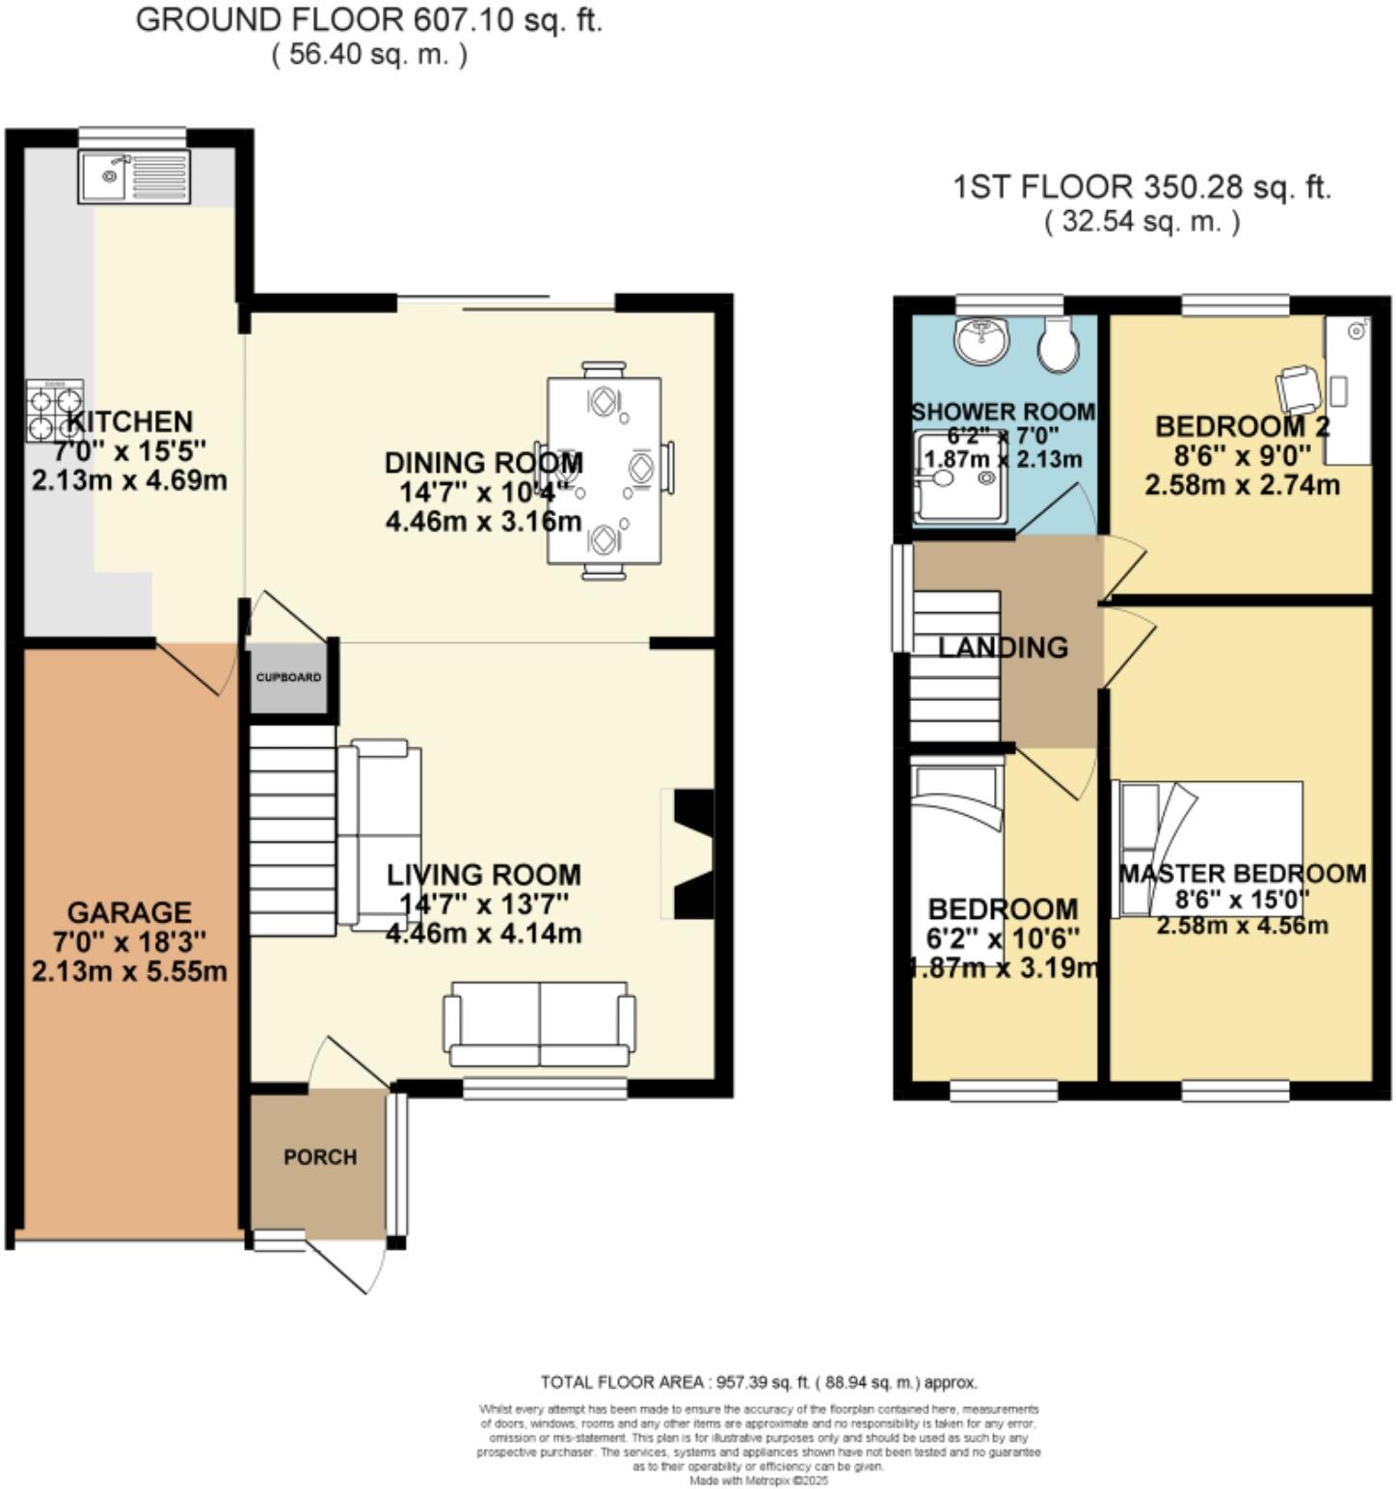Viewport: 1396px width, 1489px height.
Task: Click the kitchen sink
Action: [135, 176]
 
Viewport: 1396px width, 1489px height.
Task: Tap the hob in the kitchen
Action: [55, 410]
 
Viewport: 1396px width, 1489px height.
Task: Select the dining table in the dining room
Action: [604, 470]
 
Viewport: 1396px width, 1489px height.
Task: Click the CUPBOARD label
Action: [288, 677]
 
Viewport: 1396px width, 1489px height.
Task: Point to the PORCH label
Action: [320, 1156]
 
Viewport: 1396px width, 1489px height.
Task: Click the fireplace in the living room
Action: [691, 854]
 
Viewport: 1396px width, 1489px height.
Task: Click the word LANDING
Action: [1004, 647]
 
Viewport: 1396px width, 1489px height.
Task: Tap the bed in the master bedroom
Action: [1209, 849]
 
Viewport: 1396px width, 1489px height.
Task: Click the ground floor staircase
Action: [293, 829]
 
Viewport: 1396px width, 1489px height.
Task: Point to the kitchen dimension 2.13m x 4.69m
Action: [129, 479]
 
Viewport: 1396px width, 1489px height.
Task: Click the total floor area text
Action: [759, 1382]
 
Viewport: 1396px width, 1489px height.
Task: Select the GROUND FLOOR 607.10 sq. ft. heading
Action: [368, 19]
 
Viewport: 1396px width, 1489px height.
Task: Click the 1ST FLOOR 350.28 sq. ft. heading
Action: [1141, 186]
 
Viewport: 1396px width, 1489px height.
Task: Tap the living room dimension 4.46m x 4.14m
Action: [483, 933]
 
